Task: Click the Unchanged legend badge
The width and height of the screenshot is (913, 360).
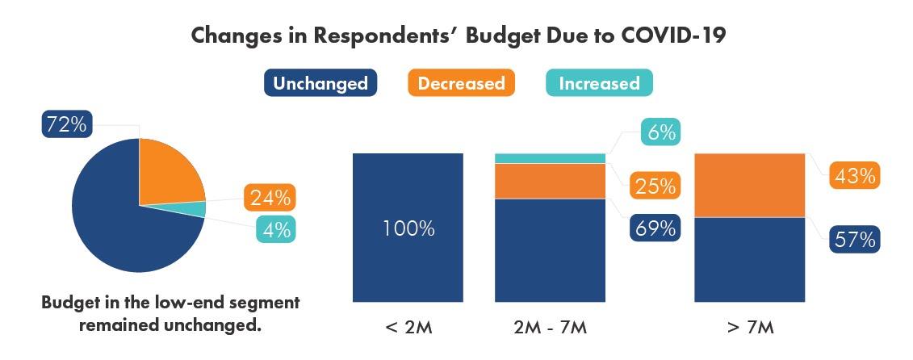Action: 320,83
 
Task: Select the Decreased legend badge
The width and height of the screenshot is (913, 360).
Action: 461,83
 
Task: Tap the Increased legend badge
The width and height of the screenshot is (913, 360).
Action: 599,83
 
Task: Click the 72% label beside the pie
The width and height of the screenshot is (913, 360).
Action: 67,125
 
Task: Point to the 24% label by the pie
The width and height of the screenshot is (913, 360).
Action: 270,197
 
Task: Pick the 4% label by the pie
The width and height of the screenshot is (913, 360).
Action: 275,229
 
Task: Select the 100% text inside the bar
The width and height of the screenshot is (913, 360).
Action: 408,228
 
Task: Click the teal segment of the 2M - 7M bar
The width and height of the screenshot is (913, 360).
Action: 550,158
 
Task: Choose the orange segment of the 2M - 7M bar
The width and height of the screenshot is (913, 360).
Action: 550,181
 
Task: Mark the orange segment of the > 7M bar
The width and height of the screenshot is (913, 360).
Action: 750,185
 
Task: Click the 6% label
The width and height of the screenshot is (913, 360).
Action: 660,132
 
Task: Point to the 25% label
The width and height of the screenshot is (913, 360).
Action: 654,186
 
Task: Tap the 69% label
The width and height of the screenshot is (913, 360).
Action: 654,228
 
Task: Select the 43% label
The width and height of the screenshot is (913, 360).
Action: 854,176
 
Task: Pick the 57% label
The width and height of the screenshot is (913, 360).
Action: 854,240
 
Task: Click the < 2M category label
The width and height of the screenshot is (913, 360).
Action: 408,329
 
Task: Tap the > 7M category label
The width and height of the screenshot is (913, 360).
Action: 750,329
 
